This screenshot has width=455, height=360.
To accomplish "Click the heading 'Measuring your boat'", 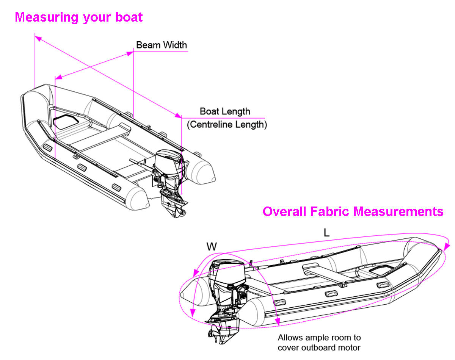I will (78, 17).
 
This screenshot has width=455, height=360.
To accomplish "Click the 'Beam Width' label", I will (162, 45).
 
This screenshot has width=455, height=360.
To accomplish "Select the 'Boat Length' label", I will (225, 111).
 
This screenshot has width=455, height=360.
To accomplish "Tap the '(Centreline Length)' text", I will (227, 124).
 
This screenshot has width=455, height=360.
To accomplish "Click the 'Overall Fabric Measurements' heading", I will (353, 211).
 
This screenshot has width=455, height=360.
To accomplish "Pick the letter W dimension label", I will (212, 247).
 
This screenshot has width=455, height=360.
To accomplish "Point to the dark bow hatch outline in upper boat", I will (65, 121).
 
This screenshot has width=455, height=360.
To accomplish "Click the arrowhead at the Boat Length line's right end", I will (179, 116).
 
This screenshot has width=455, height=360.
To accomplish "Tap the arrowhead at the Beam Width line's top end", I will (129, 54).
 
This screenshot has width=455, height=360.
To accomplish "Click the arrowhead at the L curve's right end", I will (448, 245).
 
